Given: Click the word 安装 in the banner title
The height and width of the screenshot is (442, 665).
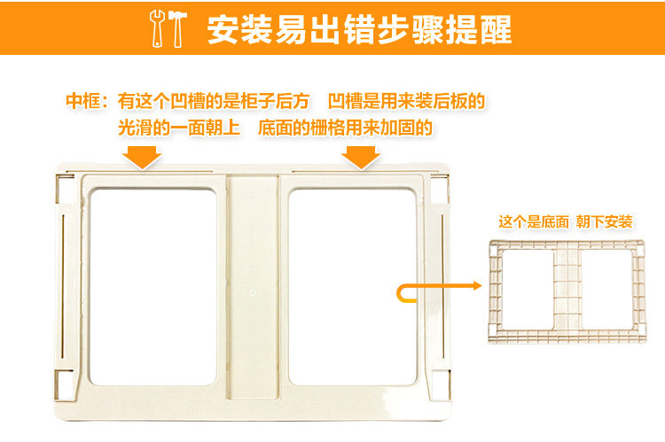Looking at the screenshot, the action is point(232,28).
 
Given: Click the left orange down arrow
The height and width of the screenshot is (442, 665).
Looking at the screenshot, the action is point(142,157).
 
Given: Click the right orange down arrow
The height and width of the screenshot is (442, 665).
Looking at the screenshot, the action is point(360,157).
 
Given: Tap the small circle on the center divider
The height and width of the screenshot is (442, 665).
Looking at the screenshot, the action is point(252,291).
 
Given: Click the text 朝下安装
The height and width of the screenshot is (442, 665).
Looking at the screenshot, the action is point(604,221).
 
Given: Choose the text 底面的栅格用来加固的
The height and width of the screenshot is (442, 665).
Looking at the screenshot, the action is point(345,128).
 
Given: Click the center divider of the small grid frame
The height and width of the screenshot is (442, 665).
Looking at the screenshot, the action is point(564,287).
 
